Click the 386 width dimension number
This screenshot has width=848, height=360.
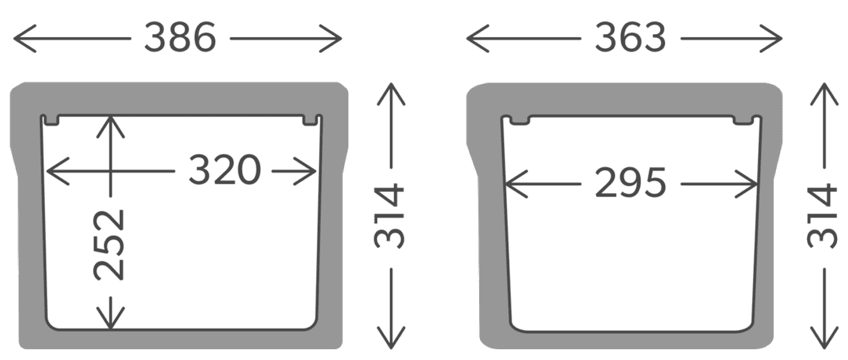[180, 38]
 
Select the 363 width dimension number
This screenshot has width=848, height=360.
[630, 38]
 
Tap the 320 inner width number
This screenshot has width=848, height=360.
[225, 170]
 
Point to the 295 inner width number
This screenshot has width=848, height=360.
[630, 183]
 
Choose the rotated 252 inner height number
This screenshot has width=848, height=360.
[109, 245]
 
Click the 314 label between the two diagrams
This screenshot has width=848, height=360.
[389, 216]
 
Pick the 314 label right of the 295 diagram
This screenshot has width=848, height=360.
[822, 216]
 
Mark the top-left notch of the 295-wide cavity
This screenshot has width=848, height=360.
[519, 121]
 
